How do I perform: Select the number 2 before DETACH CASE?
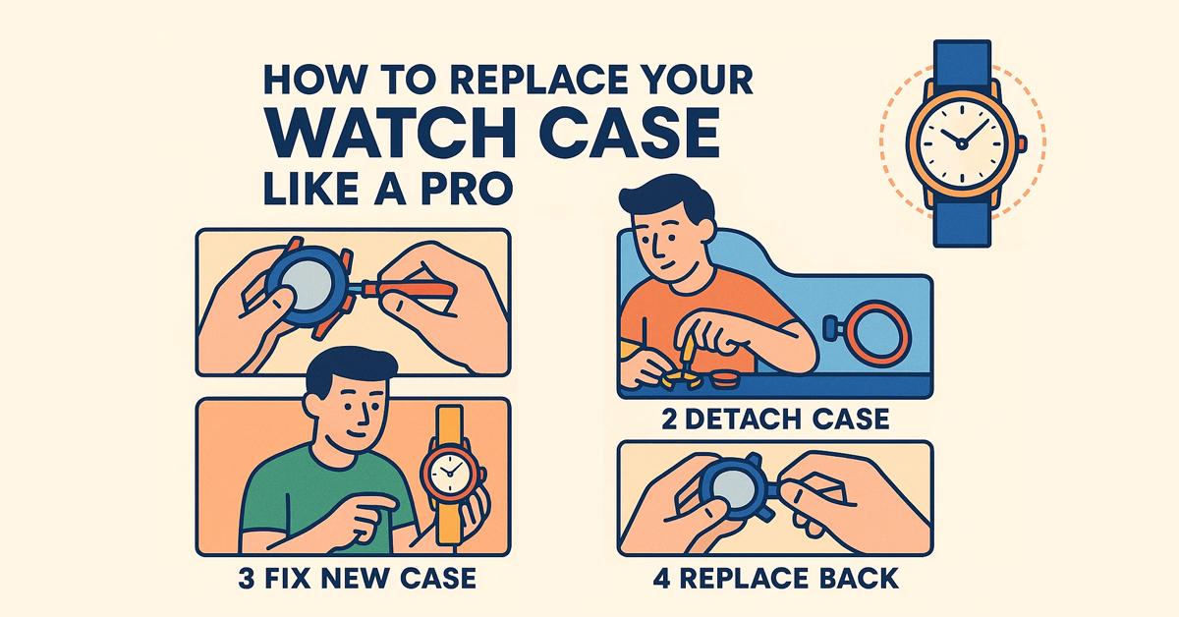pyautogui.click(x=669, y=420)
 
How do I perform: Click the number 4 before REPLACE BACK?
pyautogui.click(x=662, y=578)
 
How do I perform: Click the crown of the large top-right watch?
pyautogui.click(x=1021, y=143)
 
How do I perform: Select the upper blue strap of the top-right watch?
pyautogui.click(x=962, y=64)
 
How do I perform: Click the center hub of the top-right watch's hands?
pyautogui.click(x=962, y=143)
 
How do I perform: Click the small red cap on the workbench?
pyautogui.click(x=724, y=378)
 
